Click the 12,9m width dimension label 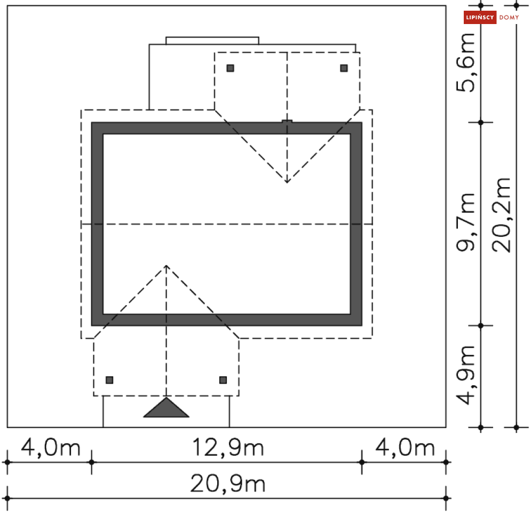228,448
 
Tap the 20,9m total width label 228,484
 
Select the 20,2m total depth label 501,215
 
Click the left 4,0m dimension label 51,448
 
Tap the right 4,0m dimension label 405,448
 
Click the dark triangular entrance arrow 166,408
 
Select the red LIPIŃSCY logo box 480,17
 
